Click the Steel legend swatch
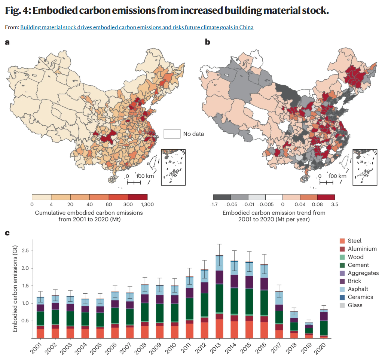click(342, 241)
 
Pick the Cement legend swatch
click(342, 265)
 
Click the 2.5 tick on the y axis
click(26, 251)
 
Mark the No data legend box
click(172, 134)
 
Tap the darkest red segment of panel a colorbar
click(138, 197)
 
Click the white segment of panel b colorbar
click(274, 197)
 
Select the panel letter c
click(7, 233)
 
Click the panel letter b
click(207, 42)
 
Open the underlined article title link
click(137, 27)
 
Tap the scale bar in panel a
click(134, 182)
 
